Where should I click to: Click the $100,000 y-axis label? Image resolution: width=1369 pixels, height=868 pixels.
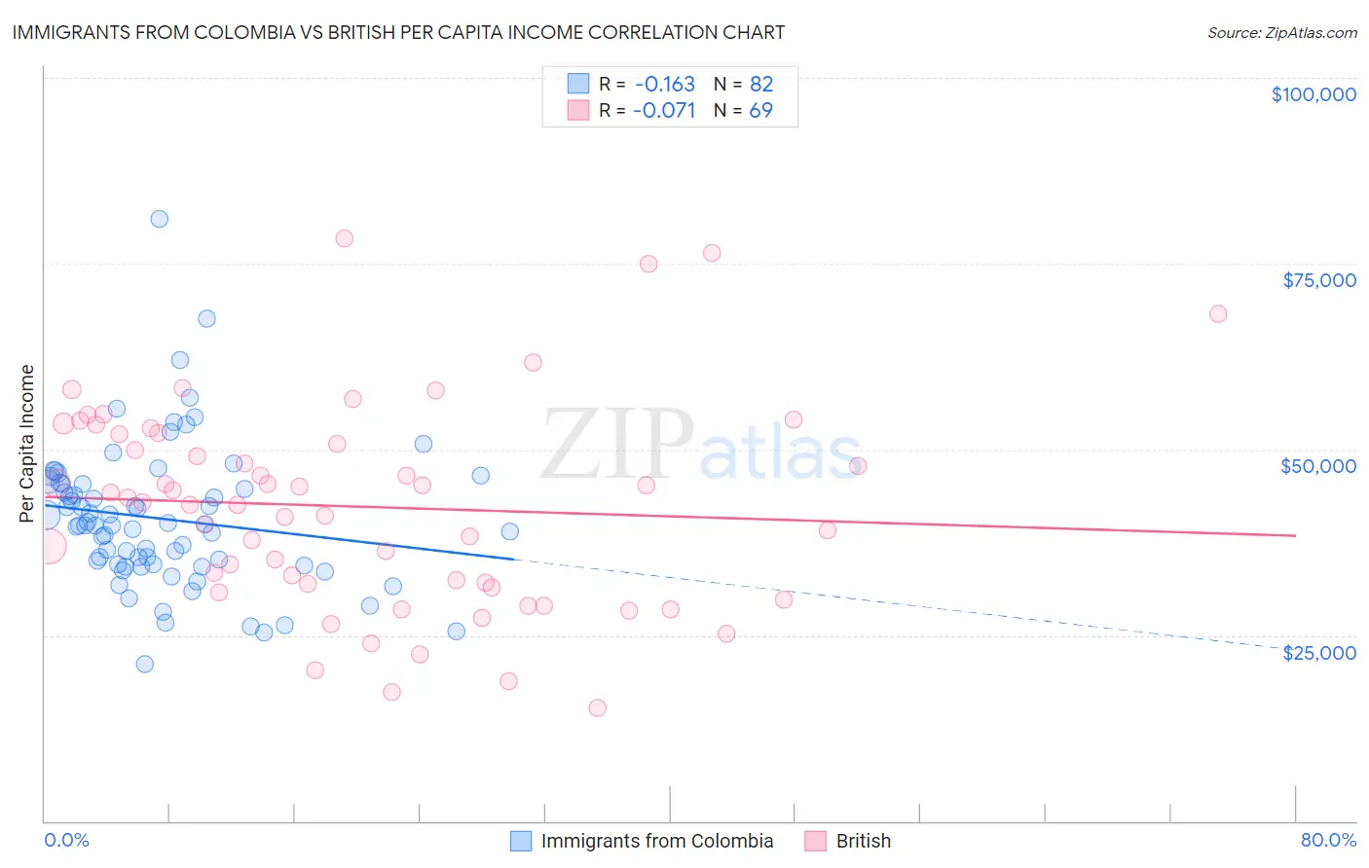coord(1313,94)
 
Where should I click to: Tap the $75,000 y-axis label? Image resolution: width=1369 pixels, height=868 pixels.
coord(1319,280)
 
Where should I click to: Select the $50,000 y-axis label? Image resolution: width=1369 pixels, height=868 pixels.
coord(1318,466)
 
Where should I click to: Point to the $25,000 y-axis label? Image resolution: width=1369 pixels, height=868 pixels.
coord(1319,653)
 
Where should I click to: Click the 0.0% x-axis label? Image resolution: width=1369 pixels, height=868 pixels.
coord(66,840)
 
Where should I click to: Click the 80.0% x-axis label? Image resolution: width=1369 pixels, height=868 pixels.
coord(1328,840)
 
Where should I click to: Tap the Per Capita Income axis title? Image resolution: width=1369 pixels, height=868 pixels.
coord(26,443)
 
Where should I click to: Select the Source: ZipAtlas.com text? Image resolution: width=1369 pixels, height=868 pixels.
coord(1281,32)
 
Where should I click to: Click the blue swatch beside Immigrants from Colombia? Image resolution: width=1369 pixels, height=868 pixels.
coord(521,841)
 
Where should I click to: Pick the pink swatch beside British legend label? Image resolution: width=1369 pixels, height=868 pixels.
coord(816,841)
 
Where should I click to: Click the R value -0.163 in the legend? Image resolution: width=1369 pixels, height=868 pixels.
coord(663,85)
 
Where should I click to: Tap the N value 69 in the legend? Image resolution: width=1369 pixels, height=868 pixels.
coord(760,111)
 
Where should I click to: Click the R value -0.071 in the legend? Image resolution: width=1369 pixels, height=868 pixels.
coord(663,111)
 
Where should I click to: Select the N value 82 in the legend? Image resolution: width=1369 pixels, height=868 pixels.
coord(760,85)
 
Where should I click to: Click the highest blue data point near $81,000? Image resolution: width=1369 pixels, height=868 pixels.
coord(159,219)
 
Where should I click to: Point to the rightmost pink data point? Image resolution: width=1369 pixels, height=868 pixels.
coord(1218,313)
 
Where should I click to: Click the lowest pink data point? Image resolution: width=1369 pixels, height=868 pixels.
coord(597,707)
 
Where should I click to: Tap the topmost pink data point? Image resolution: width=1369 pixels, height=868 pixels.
coord(344,238)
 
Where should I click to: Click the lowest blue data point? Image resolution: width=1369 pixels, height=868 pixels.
coord(144,664)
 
